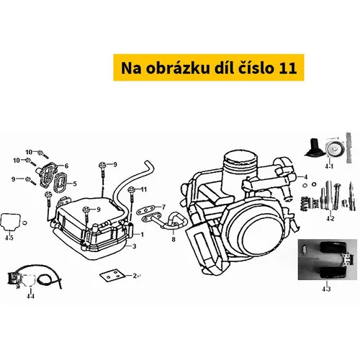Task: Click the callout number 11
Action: (x=144, y=189)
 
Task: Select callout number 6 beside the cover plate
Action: (x=66, y=166)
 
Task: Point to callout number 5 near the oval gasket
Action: (x=75, y=184)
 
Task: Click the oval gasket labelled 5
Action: (x=60, y=184)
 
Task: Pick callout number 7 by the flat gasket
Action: (x=163, y=207)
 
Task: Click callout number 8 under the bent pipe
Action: (x=174, y=239)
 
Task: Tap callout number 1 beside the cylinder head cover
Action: (x=142, y=235)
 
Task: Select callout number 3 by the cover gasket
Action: (x=135, y=246)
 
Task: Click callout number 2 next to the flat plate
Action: (x=135, y=276)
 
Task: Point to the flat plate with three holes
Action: (x=112, y=276)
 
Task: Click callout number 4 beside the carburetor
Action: (x=305, y=177)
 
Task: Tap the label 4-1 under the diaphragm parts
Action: (x=329, y=166)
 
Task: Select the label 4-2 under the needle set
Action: (x=330, y=219)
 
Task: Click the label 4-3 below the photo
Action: (x=326, y=289)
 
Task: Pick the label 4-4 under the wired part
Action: (x=30, y=297)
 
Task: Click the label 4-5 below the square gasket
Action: (x=9, y=238)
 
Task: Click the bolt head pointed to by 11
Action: (x=131, y=189)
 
